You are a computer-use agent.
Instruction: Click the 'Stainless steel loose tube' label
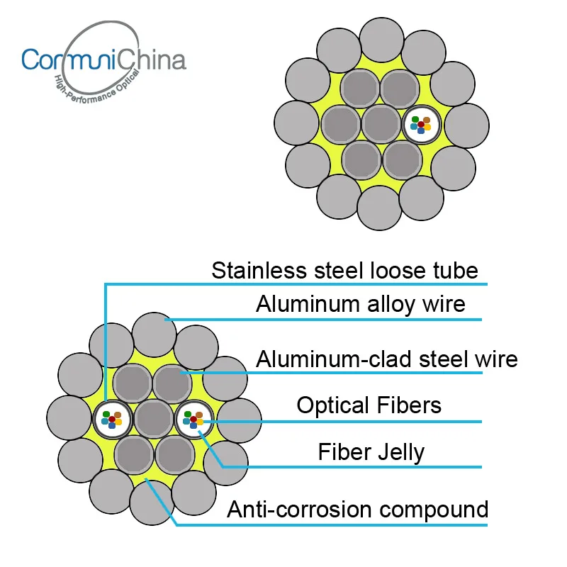point(344,271)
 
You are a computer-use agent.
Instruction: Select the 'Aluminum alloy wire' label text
point(360,304)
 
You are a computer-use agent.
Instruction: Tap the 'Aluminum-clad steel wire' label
point(386,359)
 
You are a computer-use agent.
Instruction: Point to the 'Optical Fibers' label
point(369,405)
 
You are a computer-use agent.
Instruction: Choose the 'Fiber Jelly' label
point(371,452)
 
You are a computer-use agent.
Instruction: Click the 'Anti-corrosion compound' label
point(357,510)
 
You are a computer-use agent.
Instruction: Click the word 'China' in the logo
point(150,59)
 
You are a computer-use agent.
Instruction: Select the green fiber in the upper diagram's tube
point(415,120)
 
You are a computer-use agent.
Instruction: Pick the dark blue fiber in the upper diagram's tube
point(421,130)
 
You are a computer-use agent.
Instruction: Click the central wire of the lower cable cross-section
point(152,420)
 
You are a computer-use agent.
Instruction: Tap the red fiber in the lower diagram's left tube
point(112,420)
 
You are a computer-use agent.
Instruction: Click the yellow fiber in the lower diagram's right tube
point(200,422)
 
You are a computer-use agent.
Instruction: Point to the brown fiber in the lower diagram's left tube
point(118,415)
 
